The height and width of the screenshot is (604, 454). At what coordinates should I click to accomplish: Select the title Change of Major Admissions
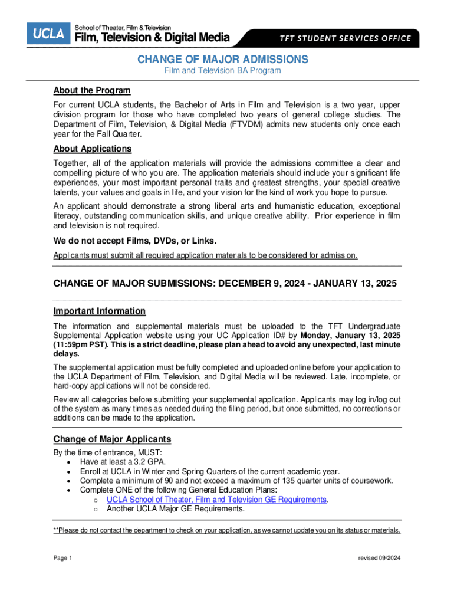(x=222, y=60)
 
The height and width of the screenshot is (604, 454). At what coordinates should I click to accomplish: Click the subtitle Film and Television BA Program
(x=222, y=71)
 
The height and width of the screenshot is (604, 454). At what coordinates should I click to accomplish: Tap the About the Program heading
(x=91, y=90)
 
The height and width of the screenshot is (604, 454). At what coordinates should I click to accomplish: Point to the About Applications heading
(x=93, y=149)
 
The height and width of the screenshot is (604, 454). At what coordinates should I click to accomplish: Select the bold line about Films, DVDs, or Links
(x=134, y=241)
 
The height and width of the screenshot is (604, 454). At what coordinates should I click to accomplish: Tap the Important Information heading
(x=99, y=311)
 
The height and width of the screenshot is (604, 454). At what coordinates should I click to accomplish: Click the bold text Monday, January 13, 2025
(x=350, y=336)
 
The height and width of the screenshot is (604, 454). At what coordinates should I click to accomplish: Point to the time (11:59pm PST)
(x=81, y=344)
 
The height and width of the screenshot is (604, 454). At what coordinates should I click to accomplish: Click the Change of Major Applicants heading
(x=112, y=439)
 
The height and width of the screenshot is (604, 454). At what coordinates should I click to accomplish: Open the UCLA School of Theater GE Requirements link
(x=216, y=499)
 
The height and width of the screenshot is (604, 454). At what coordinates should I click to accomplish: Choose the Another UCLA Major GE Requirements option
(x=175, y=508)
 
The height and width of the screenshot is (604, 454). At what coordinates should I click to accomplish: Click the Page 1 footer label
(x=62, y=558)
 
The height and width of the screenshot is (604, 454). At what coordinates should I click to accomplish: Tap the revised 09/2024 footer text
(x=379, y=558)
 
